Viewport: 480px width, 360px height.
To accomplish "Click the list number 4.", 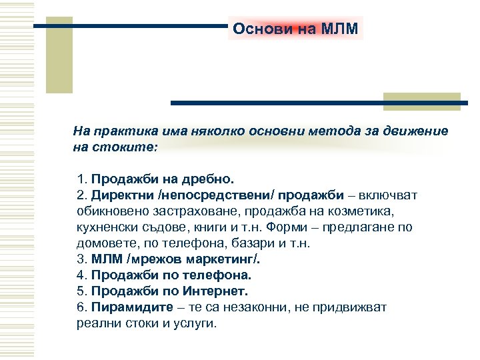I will tap(81, 275).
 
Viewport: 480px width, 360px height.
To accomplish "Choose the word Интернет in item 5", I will tap(219, 291).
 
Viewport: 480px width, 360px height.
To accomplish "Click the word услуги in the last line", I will tap(193, 323).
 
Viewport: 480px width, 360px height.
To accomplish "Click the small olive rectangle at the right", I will tap(423, 101).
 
